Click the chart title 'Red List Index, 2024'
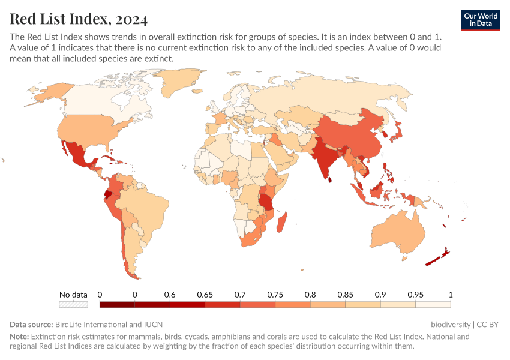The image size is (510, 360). click(x=79, y=19)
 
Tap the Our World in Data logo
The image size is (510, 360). click(x=481, y=20)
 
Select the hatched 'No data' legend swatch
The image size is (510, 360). click(x=73, y=305)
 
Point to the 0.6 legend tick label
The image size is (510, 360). click(x=170, y=295)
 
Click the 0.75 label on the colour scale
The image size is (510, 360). click(x=275, y=295)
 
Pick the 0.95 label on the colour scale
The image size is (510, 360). click(x=416, y=295)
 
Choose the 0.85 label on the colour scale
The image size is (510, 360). click(x=346, y=295)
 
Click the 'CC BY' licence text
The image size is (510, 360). click(x=487, y=324)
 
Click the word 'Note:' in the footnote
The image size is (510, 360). click(x=19, y=337)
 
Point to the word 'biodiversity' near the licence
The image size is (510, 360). click(x=451, y=324)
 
